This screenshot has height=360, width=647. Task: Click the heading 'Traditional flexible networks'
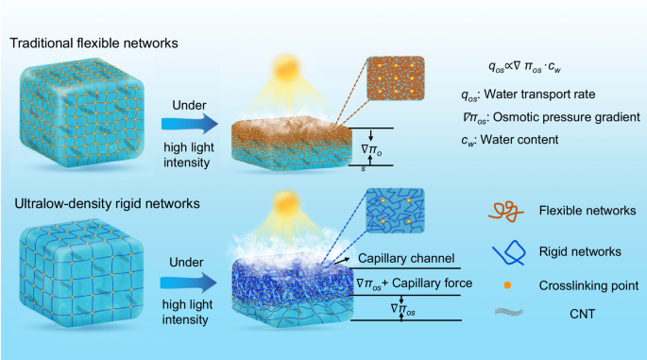(x=94, y=43)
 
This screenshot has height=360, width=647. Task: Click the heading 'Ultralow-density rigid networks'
(x=108, y=203)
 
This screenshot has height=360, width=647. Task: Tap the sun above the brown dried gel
(x=285, y=67)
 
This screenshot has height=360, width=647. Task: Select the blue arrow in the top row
(x=190, y=124)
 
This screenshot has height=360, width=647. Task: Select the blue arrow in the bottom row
(x=189, y=283)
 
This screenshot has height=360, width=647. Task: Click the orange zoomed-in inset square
(x=396, y=78)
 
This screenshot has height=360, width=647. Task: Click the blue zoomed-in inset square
(x=395, y=211)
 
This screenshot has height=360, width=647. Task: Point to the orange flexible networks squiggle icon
(x=506, y=212)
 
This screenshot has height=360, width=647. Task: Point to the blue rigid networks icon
(x=509, y=252)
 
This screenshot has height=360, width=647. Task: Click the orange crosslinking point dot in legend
(x=507, y=285)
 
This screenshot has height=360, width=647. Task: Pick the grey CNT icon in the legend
(x=509, y=312)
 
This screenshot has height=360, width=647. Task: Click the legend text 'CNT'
(x=582, y=315)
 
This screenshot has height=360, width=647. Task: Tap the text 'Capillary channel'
(x=406, y=259)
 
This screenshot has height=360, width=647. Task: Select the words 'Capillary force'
(x=432, y=283)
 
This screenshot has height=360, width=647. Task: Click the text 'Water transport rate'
(x=539, y=94)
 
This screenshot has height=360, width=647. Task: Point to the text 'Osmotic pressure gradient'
(x=567, y=117)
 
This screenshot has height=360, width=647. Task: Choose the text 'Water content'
(x=519, y=140)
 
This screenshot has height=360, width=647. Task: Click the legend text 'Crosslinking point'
(x=588, y=285)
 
